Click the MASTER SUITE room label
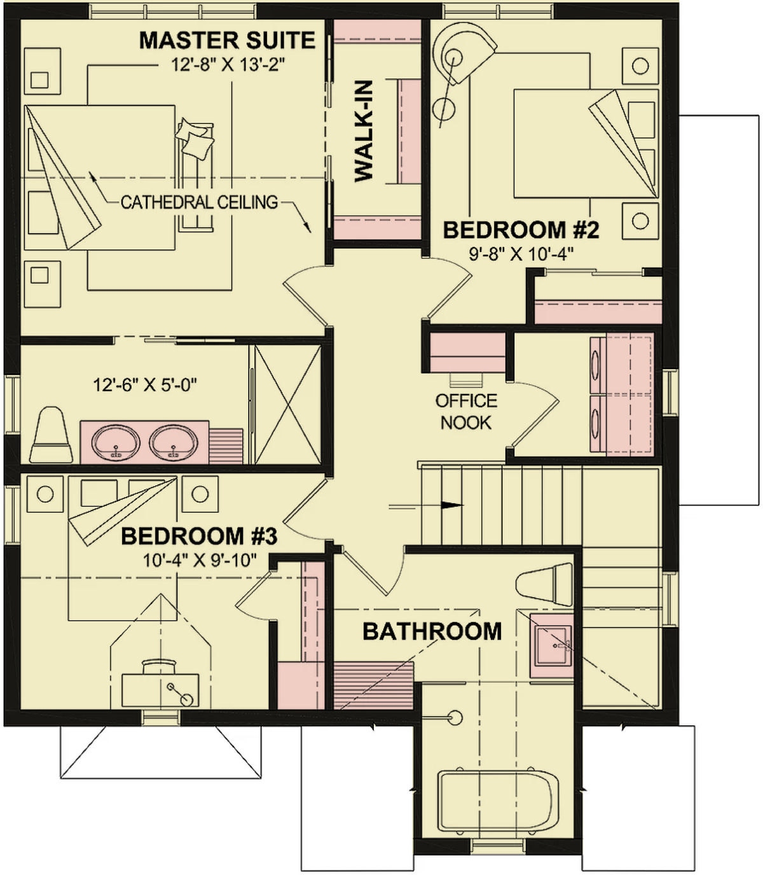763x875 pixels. tap(227, 40)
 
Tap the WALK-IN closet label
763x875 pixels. tap(364, 131)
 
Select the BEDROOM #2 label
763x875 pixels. tap(521, 230)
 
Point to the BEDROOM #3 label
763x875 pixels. tap(199, 536)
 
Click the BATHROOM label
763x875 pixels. tap(432, 631)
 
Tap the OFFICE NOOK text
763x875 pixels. tap(466, 412)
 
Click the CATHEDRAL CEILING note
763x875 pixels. tap(199, 202)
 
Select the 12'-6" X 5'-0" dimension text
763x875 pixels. tap(145, 386)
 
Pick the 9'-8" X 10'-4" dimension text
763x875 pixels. tap(521, 255)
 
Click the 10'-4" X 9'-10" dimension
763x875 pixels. tap(200, 560)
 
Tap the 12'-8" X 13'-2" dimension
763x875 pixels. tap(228, 65)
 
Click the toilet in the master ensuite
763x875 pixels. tap(52, 435)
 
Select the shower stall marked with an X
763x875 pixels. tap(288, 404)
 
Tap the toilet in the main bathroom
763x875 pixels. tap(544, 585)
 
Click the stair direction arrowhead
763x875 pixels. tap(452, 505)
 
